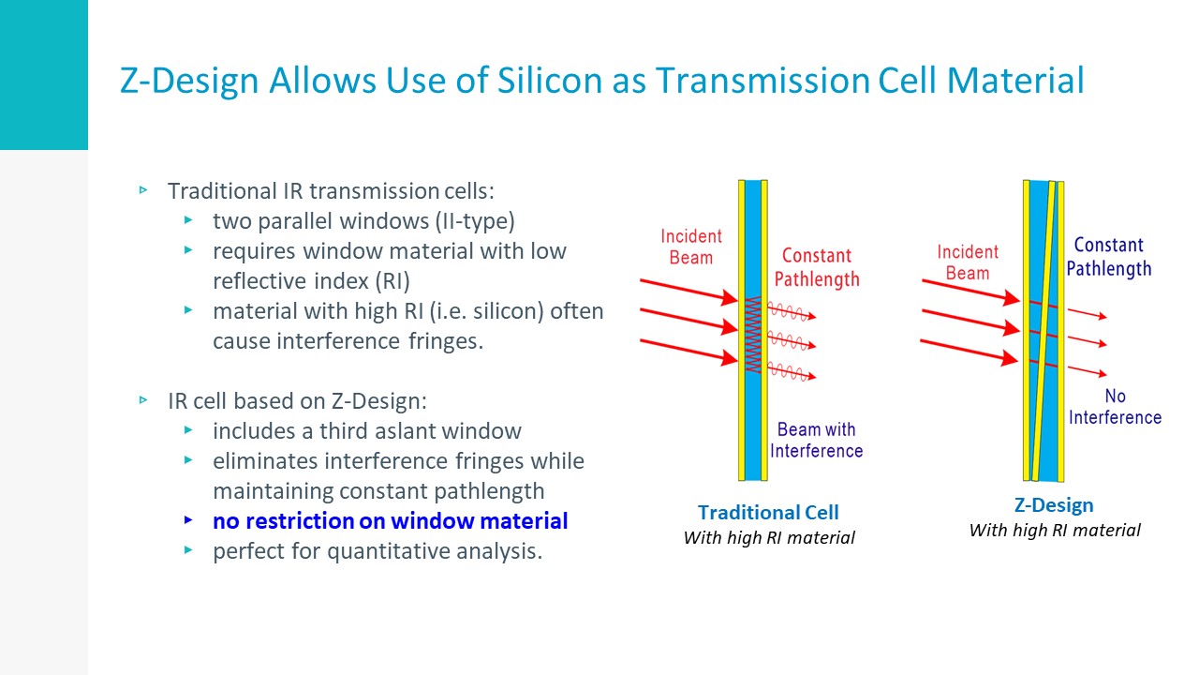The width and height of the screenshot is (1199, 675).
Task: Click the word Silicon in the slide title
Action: coord(550,81)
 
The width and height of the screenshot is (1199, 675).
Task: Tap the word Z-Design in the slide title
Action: coord(189,82)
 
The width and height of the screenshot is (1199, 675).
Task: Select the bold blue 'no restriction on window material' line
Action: coord(391,521)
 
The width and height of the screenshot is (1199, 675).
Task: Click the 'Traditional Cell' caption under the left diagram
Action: coord(768,513)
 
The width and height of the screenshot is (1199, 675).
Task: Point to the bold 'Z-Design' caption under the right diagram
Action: coord(1054,505)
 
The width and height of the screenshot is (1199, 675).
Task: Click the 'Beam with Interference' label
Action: coord(816,440)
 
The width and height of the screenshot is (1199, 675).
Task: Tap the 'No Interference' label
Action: coord(1115,407)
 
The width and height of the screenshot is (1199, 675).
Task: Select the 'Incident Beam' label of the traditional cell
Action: coord(691,247)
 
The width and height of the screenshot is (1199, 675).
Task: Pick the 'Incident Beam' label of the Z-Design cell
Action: coord(968,262)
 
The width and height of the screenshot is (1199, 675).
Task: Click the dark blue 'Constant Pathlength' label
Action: coord(1108,257)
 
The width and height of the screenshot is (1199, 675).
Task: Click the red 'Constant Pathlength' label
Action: coord(817,267)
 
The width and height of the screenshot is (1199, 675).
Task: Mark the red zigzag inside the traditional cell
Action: coord(753,335)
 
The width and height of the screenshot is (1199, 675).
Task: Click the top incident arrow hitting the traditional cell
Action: coord(688,292)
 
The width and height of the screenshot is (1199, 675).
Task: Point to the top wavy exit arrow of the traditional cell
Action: coord(792,312)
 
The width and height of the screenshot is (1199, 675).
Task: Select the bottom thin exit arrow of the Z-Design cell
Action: coord(1088,370)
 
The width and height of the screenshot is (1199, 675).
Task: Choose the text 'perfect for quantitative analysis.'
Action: coord(377,551)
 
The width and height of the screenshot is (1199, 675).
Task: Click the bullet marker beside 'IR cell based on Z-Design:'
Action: coord(143,399)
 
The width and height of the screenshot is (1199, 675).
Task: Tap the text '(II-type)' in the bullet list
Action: coord(475,221)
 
